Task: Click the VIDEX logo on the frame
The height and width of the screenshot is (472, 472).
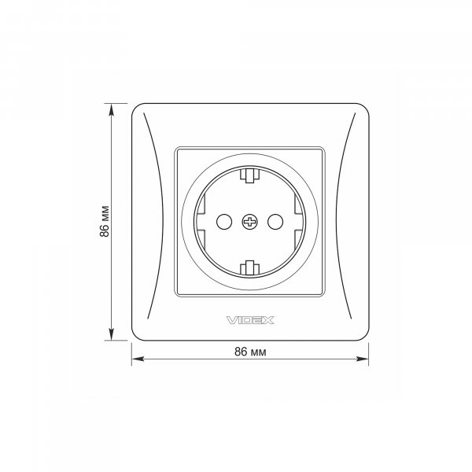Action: pyautogui.click(x=250, y=320)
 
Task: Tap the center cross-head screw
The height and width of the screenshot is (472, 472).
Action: pyautogui.click(x=250, y=222)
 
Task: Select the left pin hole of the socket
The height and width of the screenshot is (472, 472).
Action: pyautogui.click(x=224, y=222)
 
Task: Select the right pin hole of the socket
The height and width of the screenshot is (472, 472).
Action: pyautogui.click(x=275, y=222)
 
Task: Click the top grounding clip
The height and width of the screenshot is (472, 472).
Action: pyautogui.click(x=250, y=175)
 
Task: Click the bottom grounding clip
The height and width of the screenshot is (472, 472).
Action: pyautogui.click(x=250, y=268)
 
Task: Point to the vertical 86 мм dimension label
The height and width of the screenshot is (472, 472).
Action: pyautogui.click(x=105, y=222)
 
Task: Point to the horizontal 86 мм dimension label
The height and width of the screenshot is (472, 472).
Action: pyautogui.click(x=250, y=352)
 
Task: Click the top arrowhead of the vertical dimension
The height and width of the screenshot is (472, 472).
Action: pyautogui.click(x=112, y=109)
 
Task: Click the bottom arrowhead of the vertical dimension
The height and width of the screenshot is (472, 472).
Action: pyautogui.click(x=112, y=334)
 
